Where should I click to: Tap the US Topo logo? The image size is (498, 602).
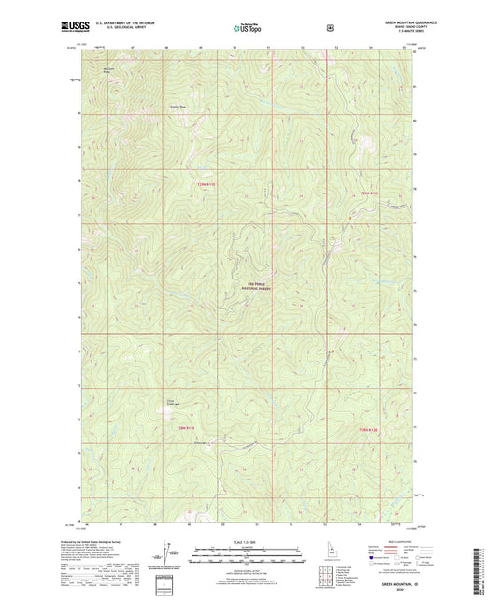pyautogui.click(x=248, y=29)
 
